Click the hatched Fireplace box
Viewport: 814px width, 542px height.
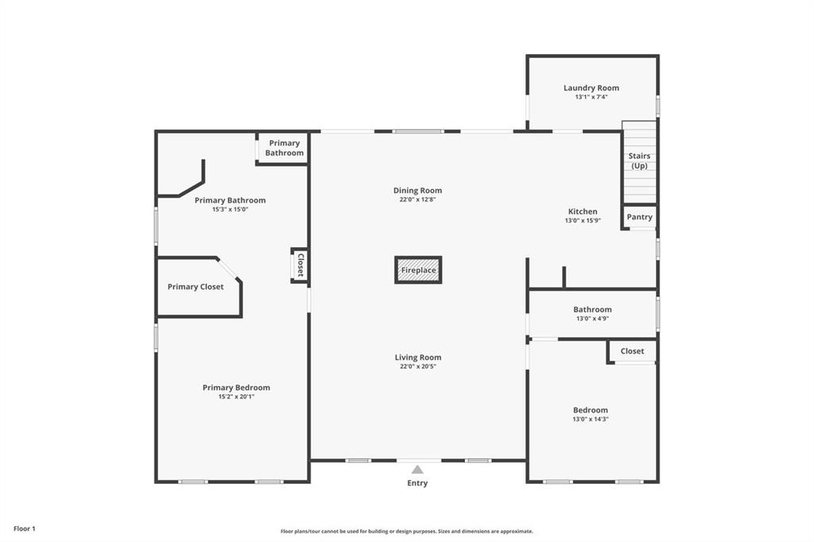[418, 270]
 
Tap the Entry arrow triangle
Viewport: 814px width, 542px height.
[417, 470]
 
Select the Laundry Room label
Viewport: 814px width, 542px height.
[591, 87]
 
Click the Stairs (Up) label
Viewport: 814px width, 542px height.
[639, 161]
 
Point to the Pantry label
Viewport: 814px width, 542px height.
[639, 217]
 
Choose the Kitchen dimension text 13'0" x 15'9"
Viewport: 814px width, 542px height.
[583, 221]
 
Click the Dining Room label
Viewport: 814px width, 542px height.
[417, 191]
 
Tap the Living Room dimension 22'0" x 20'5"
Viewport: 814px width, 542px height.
[418, 366]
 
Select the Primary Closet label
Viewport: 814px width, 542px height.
[196, 287]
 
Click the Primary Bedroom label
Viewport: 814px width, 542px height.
[236, 388]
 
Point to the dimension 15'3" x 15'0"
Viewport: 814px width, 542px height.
[231, 210]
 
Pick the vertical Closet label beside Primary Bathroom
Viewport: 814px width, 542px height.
[300, 265]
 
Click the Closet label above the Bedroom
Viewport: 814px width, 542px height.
[633, 351]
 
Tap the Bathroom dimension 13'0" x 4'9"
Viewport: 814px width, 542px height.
[592, 319]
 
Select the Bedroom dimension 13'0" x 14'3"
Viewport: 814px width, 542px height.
[591, 420]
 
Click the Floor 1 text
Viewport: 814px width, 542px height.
[25, 528]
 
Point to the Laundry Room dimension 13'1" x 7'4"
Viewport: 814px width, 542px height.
[591, 97]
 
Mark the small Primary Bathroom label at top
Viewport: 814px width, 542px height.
[285, 149]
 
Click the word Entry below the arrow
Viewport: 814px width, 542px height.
[417, 483]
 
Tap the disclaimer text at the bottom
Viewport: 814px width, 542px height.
[406, 532]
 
